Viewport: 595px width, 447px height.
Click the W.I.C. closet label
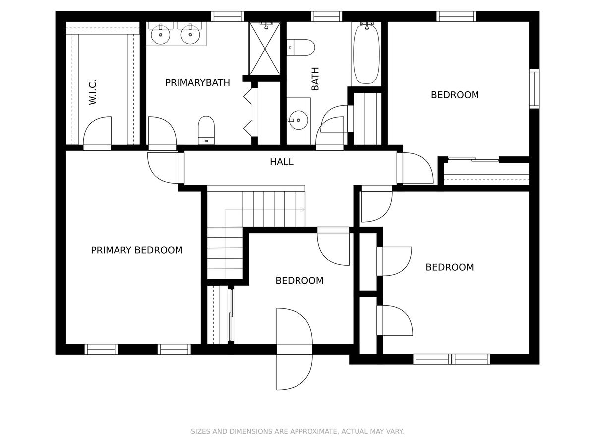pyautogui.click(x=92, y=92)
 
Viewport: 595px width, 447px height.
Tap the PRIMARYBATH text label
pyautogui.click(x=197, y=83)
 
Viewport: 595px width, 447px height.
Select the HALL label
pyautogui.click(x=281, y=162)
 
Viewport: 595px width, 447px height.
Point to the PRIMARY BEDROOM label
pyautogui.click(x=137, y=250)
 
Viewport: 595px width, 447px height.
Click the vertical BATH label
pyautogui.click(x=315, y=78)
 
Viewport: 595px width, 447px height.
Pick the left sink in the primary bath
pyautogui.click(x=161, y=34)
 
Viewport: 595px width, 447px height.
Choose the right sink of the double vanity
pyautogui.click(x=190, y=34)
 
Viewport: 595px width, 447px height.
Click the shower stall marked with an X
pyautogui.click(x=265, y=49)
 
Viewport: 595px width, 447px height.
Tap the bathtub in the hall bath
pyautogui.click(x=367, y=54)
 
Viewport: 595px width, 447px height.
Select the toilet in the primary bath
pyautogui.click(x=206, y=130)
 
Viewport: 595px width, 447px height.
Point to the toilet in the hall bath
pyautogui.click(x=300, y=48)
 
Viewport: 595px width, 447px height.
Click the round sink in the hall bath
pyautogui.click(x=298, y=120)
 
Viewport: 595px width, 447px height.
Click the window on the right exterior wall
pyautogui.click(x=535, y=89)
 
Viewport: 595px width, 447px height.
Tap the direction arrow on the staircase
pyautogui.click(x=265, y=210)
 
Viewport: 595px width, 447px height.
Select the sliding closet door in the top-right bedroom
pyautogui.click(x=474, y=160)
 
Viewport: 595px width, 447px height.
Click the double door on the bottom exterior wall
pyautogui.click(x=295, y=349)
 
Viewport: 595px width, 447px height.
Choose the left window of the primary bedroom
pyautogui.click(x=101, y=349)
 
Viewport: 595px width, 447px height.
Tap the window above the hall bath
pyautogui.click(x=326, y=16)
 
